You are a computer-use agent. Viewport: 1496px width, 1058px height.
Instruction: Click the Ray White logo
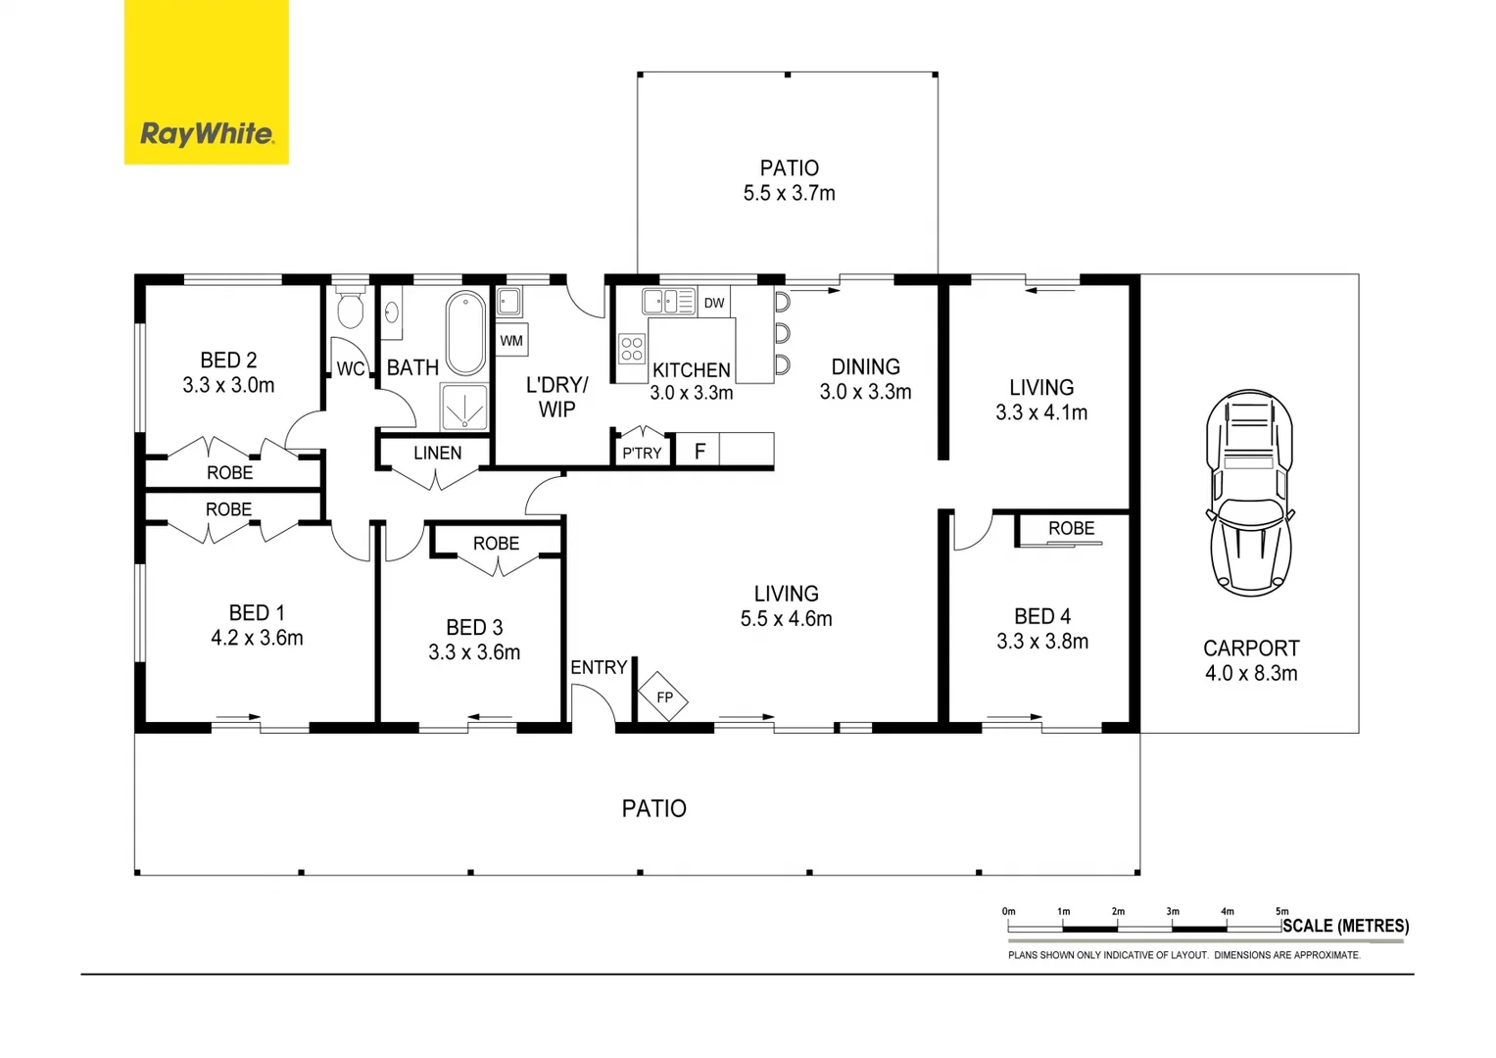coord(207,82)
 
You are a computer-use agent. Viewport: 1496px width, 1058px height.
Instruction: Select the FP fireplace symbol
coord(663,697)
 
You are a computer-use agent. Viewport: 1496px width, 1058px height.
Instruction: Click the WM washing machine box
coord(511,341)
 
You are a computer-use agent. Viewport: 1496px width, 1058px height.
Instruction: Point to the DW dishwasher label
coord(714,303)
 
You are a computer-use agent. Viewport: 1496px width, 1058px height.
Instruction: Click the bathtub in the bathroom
coord(465,333)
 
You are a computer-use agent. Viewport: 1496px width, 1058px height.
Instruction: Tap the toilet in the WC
coord(350,309)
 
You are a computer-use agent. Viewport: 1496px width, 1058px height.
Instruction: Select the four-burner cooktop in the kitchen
coord(632,349)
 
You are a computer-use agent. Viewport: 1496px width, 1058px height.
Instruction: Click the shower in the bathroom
coord(464,407)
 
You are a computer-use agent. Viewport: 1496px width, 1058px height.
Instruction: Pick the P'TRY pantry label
coord(642,453)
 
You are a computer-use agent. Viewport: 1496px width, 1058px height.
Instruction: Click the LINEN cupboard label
coord(437,453)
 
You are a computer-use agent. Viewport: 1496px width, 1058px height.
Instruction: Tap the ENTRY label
coord(599,667)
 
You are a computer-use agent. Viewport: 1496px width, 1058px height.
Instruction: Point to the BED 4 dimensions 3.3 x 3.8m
coord(1042,642)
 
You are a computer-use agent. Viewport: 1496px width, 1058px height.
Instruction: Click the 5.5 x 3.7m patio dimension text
coord(789,193)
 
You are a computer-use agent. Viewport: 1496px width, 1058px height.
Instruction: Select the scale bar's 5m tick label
coord(1281,911)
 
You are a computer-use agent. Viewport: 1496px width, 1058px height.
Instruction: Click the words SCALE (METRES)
coord(1345,926)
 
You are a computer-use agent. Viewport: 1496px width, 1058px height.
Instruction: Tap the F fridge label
coord(700,452)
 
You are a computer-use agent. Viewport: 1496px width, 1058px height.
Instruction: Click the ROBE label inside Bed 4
coord(1071,528)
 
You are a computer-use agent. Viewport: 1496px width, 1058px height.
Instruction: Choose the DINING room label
coord(865,366)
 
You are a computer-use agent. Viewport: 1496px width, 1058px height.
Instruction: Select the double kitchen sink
coord(668,301)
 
